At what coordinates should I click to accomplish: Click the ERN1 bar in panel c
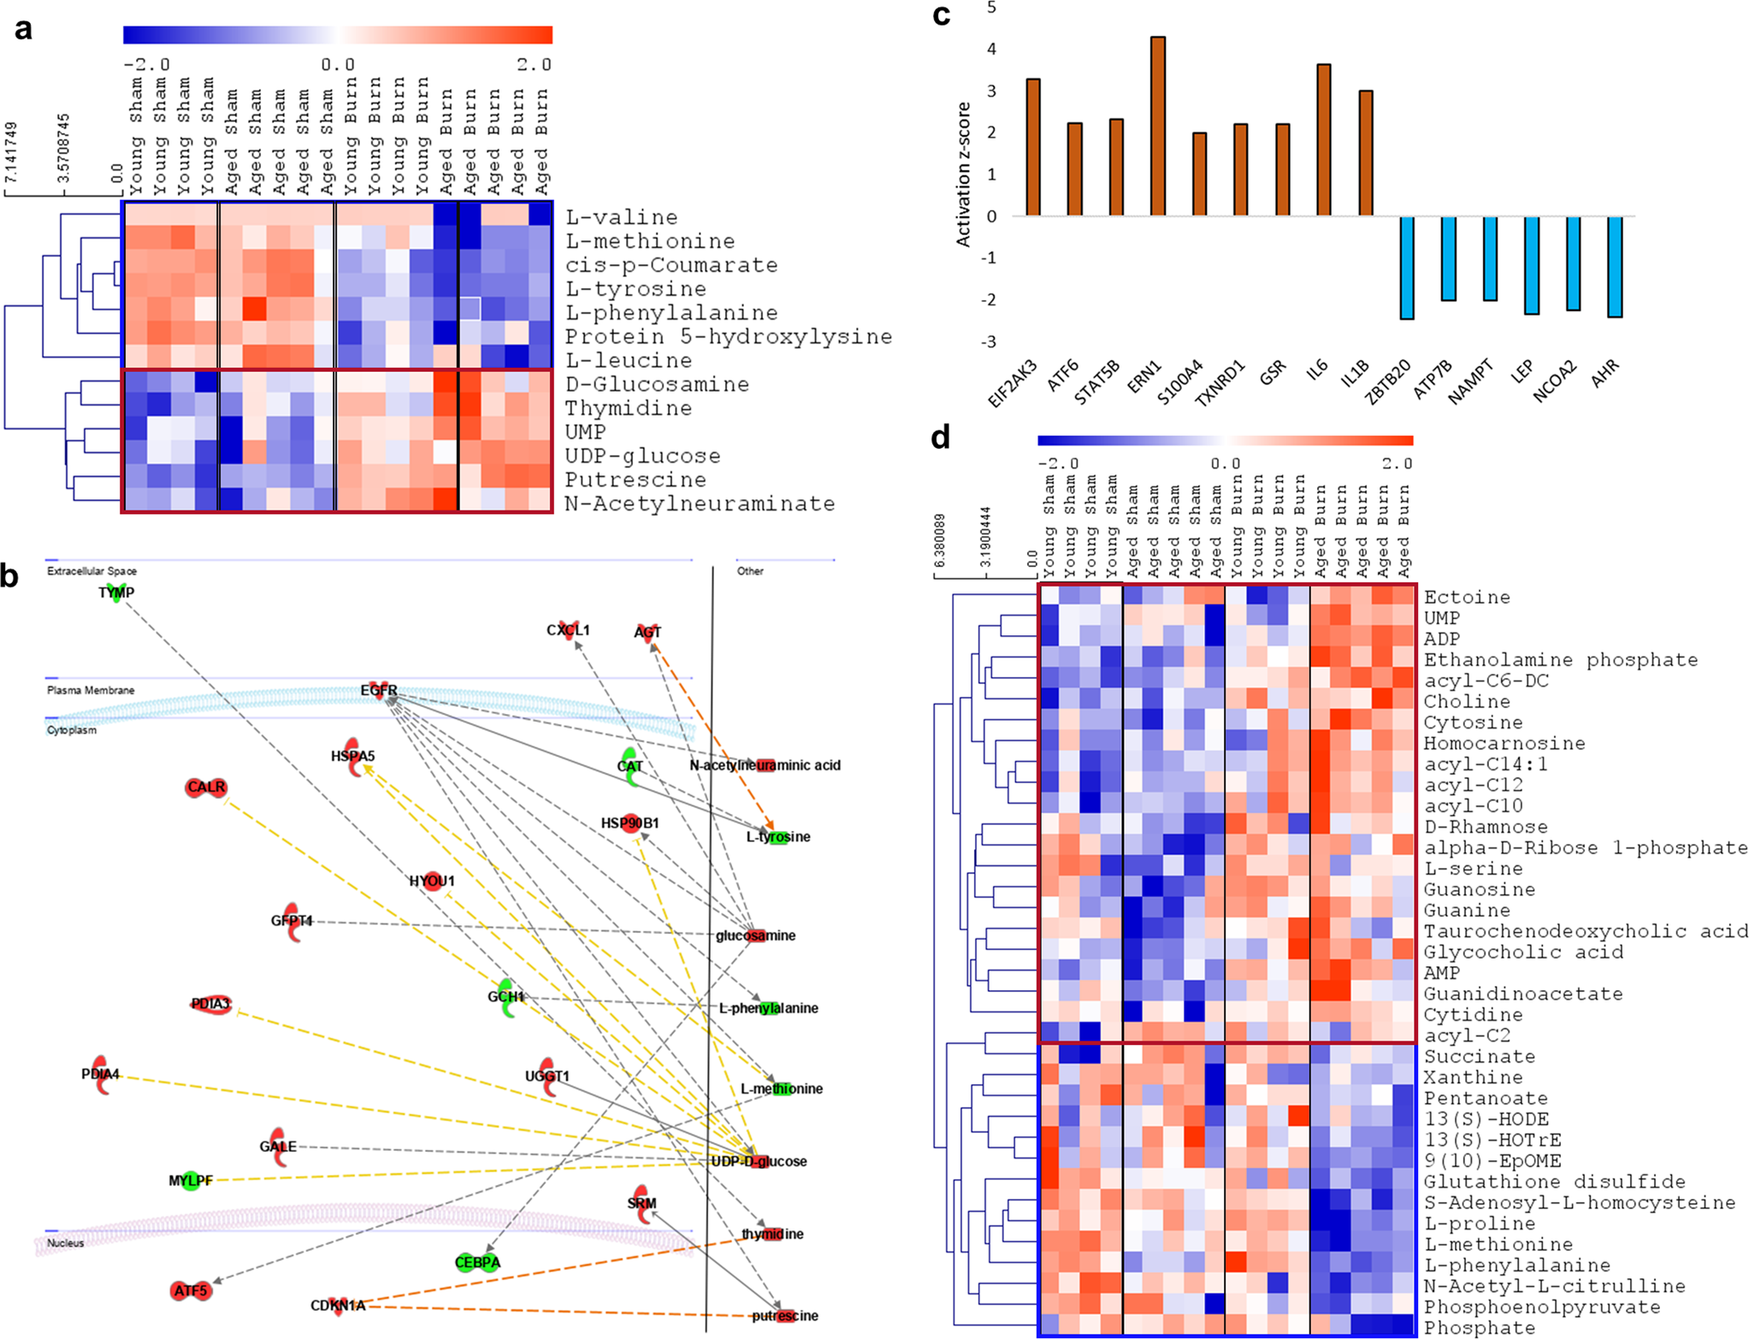click(1158, 127)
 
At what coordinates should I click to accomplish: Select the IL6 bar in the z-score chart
click(1324, 140)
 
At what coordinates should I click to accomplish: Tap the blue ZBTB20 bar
click(1407, 268)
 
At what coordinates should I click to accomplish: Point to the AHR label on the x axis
click(1605, 373)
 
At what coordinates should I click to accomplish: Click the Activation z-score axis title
click(964, 174)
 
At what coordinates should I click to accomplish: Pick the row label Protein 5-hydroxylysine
click(728, 337)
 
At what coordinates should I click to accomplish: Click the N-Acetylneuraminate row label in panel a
click(700, 504)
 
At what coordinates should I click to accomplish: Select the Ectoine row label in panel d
click(1467, 598)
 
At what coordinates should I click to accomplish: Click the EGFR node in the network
click(379, 691)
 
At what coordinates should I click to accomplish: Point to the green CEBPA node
click(477, 1262)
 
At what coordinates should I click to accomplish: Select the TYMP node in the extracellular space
click(116, 593)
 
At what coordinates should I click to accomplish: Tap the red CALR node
click(206, 787)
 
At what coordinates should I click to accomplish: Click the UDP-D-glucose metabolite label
click(759, 1161)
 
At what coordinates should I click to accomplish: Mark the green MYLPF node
click(191, 1181)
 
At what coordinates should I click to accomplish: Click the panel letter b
click(9, 575)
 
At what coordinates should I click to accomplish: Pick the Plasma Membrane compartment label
click(91, 690)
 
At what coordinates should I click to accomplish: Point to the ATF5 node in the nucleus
click(191, 1290)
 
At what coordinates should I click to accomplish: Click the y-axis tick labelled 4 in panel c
click(991, 49)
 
